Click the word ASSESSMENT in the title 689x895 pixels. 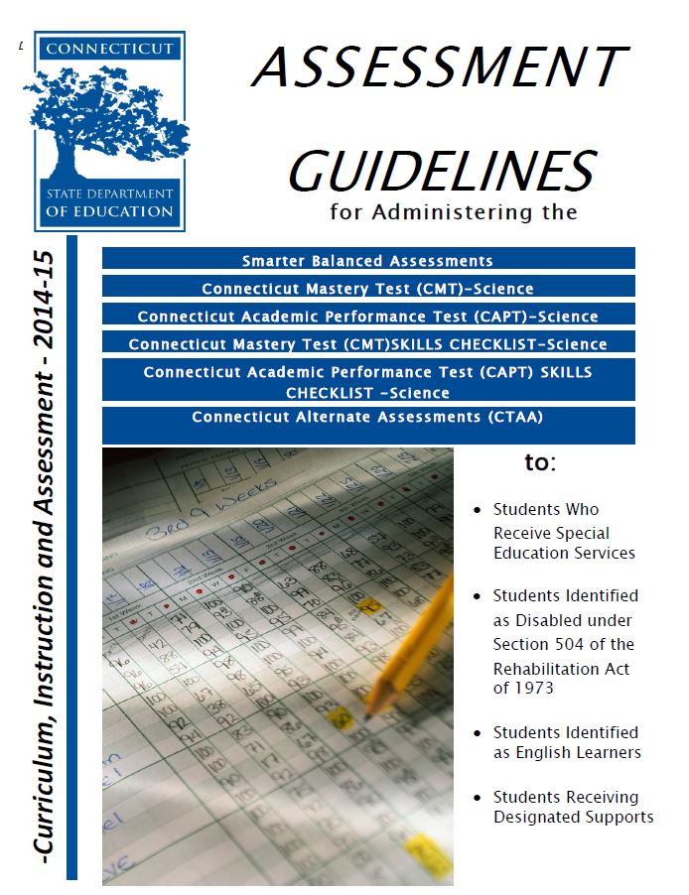(438, 68)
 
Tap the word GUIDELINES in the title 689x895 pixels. (442, 170)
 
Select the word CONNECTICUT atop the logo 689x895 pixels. (109, 48)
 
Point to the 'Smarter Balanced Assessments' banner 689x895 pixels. (367, 261)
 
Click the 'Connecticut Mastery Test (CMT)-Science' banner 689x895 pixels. (367, 289)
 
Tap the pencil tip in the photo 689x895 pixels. (366, 708)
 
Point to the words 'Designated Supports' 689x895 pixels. (574, 817)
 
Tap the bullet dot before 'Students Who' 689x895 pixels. (478, 510)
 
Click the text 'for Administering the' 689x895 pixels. (453, 211)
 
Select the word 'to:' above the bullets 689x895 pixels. (540, 462)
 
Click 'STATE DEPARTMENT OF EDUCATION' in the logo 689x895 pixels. (109, 202)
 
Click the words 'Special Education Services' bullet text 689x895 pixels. (564, 543)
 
